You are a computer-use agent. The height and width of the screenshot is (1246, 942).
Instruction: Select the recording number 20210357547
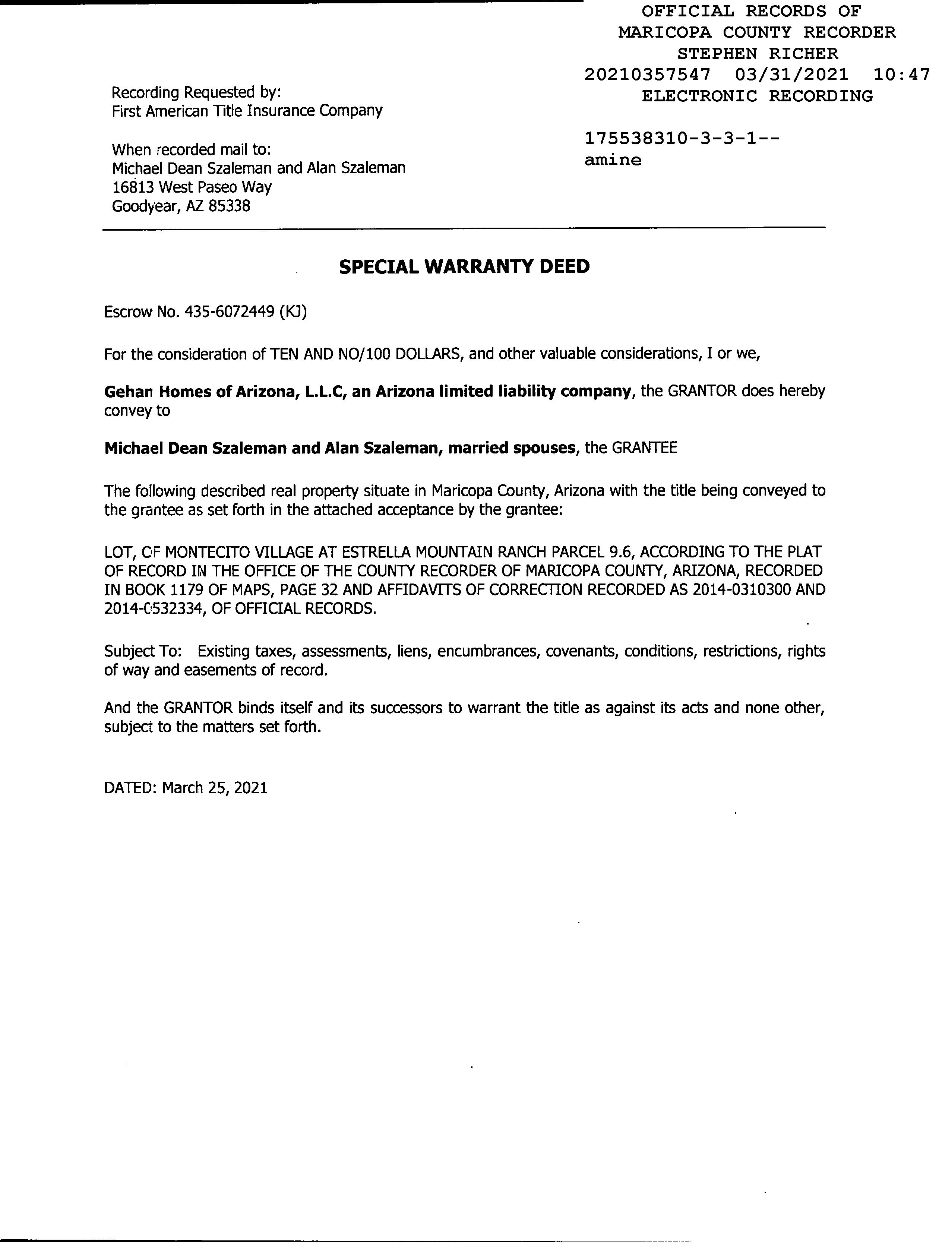click(647, 75)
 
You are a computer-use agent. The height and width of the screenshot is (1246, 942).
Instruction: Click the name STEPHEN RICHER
click(757, 54)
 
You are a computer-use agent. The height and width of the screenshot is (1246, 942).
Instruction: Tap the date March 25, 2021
click(214, 787)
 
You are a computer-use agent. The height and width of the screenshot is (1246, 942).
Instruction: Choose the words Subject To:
click(143, 651)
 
